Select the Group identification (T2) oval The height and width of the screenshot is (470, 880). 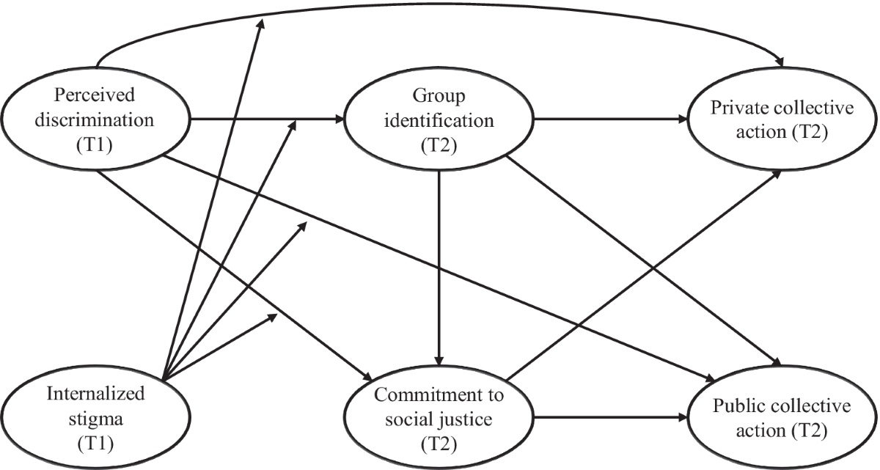click(439, 120)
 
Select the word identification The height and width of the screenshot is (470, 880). click(439, 120)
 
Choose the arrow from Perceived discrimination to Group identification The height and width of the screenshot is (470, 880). click(264, 118)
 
